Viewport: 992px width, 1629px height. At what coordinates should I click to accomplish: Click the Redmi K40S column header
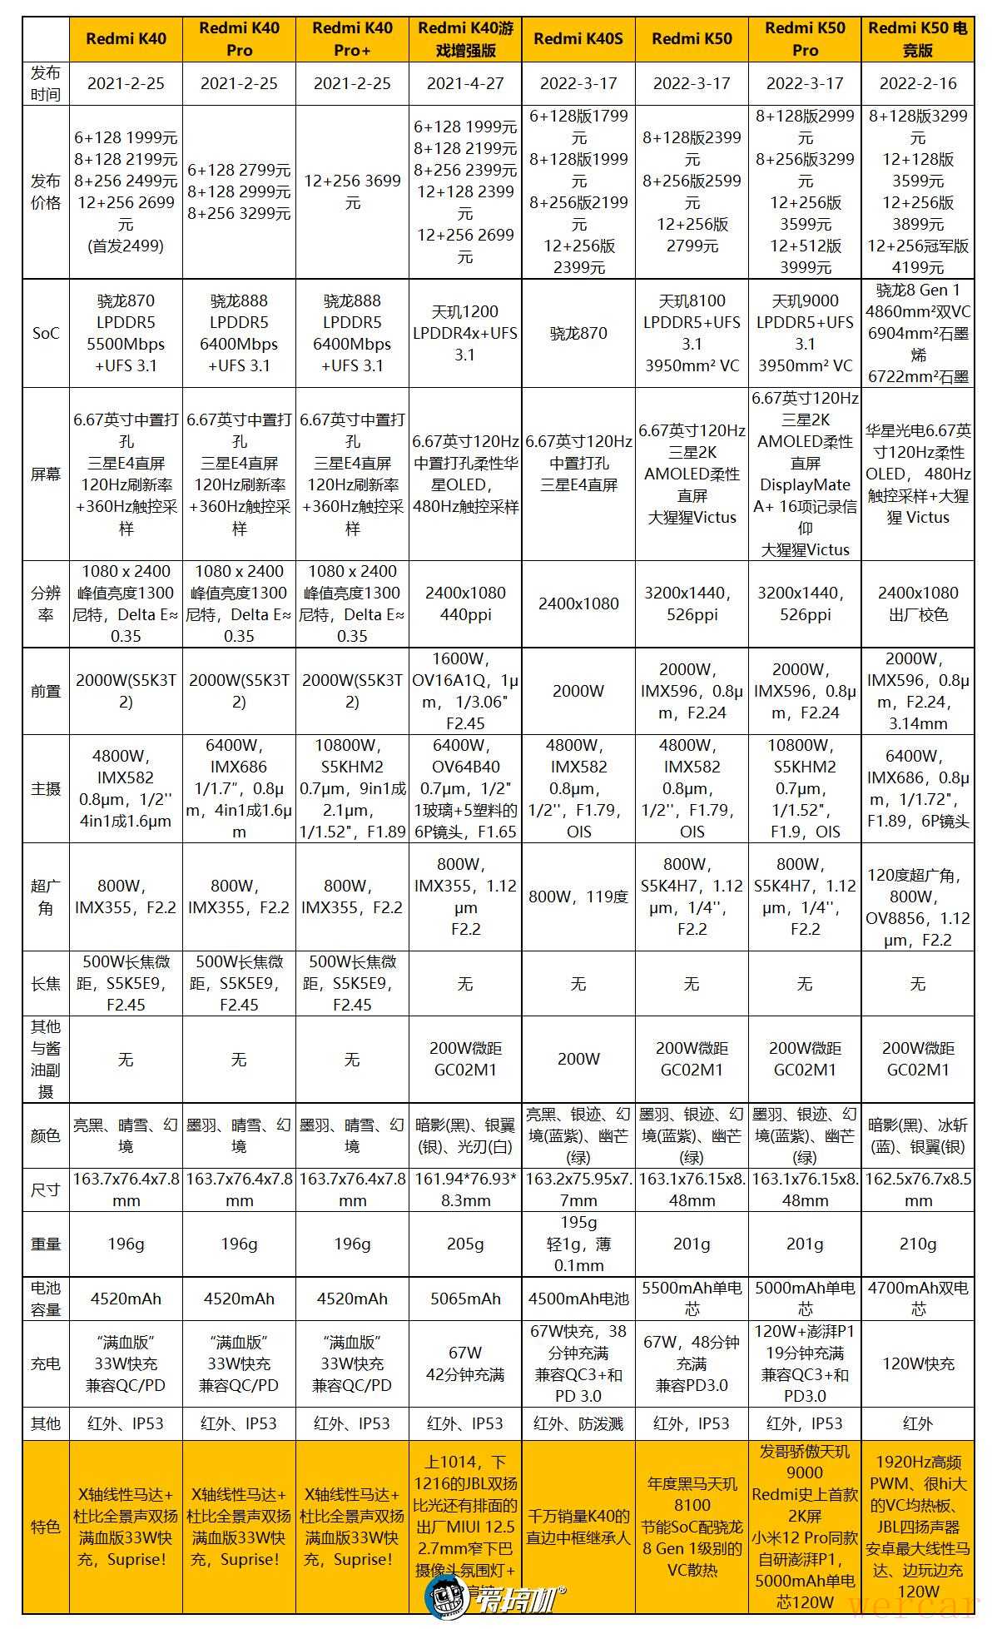coord(578,39)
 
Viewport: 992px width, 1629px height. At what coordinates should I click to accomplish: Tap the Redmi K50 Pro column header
coord(805,39)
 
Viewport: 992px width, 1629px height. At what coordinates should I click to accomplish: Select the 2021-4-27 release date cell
coord(465,83)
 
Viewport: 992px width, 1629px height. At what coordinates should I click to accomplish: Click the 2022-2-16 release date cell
coord(918,83)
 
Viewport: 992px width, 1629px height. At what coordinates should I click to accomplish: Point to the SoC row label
coord(46,333)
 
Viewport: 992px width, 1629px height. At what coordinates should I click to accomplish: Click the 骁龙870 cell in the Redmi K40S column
coord(578,333)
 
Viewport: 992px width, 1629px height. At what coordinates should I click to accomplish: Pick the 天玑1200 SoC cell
coord(465,333)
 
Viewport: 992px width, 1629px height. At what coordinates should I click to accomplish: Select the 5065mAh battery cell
coord(465,1298)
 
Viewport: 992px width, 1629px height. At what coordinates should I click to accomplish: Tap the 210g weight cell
coord(918,1244)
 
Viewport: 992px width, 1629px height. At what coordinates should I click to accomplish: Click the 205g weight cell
coord(465,1244)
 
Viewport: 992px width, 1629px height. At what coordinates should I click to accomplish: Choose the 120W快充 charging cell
coord(918,1363)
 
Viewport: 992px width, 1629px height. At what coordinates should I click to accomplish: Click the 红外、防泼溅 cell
coord(578,1423)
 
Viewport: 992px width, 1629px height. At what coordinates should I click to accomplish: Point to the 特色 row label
coord(46,1527)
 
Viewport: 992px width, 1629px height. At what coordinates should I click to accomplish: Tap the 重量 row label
coord(46,1244)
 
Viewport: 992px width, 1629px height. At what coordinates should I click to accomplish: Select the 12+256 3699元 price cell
coord(352,191)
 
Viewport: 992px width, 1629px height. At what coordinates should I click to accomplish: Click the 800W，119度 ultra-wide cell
coord(578,896)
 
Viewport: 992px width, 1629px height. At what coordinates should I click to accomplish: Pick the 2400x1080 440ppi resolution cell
coord(465,603)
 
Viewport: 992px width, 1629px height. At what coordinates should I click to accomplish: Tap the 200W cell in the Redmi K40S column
coord(578,1059)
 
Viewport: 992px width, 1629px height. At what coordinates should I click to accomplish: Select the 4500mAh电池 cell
coord(578,1298)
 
